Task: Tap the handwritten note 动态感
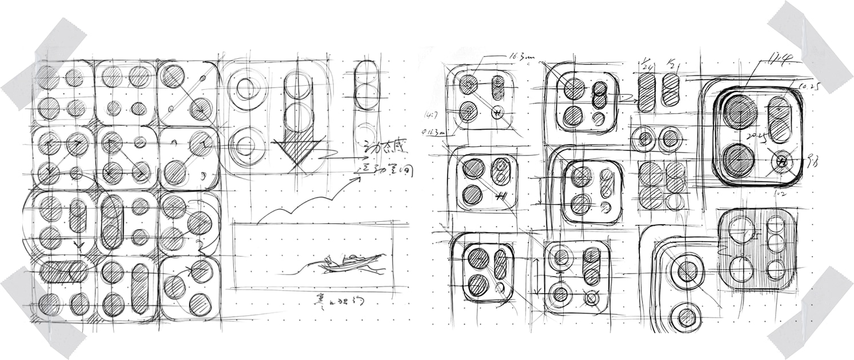[x=382, y=153]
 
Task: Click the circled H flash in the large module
[x=783, y=162]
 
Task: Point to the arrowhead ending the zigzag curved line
[x=360, y=178]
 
